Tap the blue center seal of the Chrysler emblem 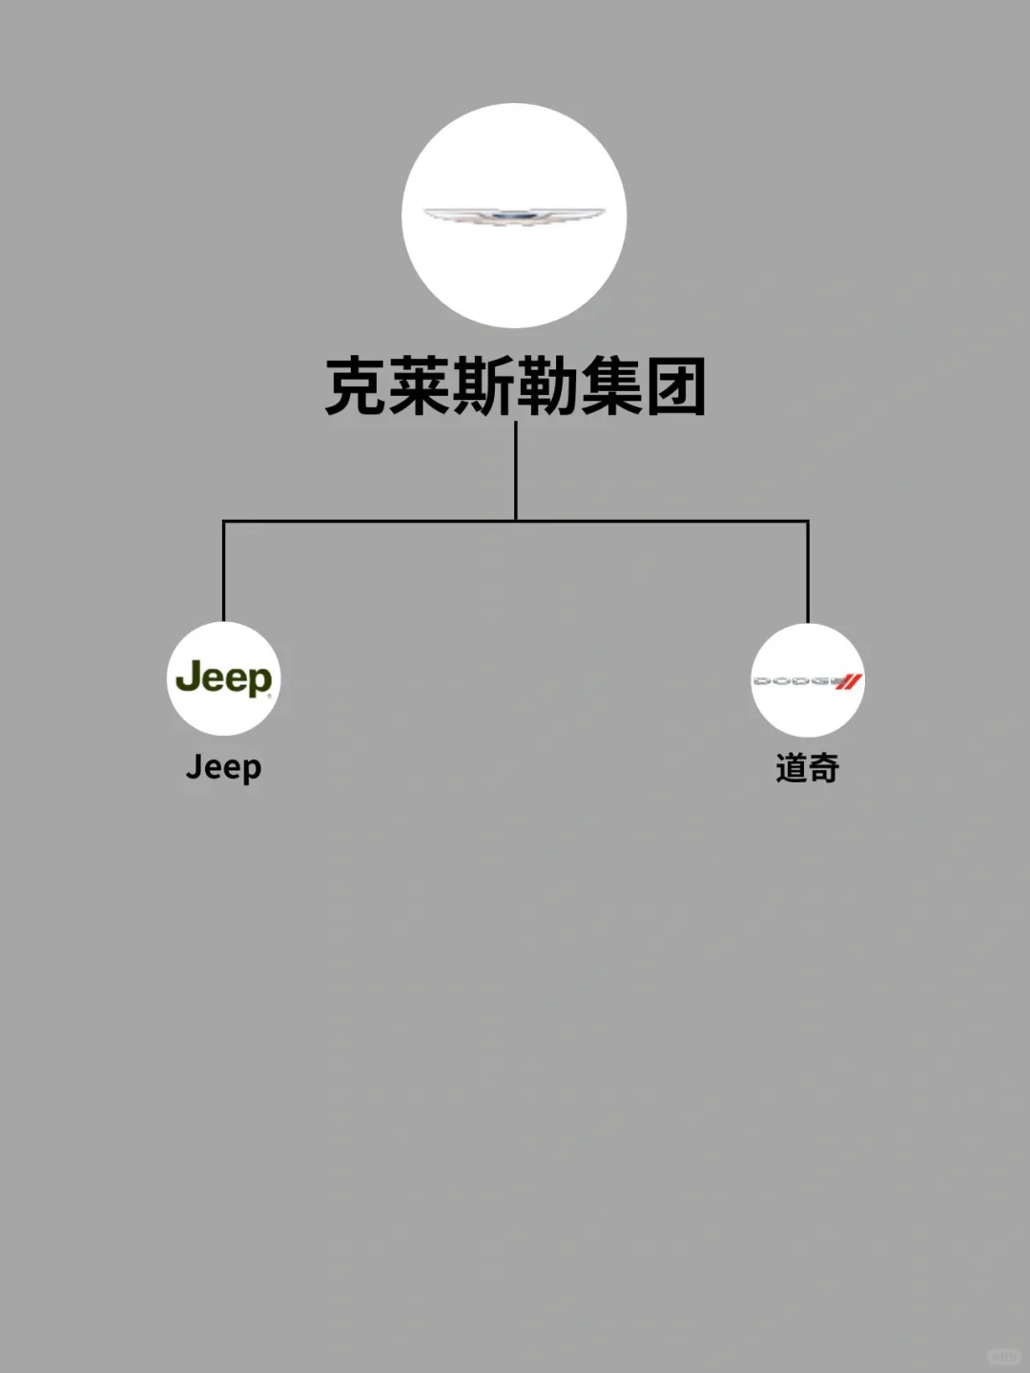point(514,217)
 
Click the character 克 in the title point(357,386)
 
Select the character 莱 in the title point(421,386)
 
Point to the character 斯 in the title point(484,386)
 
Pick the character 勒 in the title point(547,386)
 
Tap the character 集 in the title point(611,386)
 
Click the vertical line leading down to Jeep point(224,572)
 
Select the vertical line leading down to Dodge point(808,572)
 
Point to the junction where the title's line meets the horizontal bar point(516,521)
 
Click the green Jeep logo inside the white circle point(224,678)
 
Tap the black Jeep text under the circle point(224,767)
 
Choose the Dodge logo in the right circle point(808,681)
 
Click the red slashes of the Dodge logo point(849,681)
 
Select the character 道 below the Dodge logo point(792,768)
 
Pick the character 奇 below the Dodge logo point(824,768)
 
